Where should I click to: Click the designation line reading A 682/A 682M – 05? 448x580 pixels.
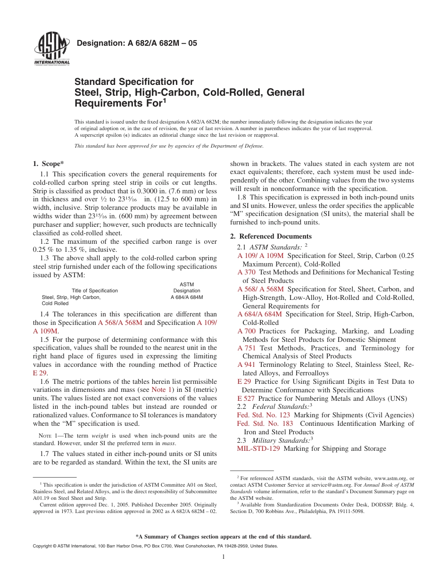pos(136,43)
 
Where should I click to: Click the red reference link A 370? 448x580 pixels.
pos(246,272)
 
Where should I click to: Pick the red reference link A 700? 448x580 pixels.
pos(246,331)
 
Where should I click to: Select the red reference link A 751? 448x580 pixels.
pos(246,348)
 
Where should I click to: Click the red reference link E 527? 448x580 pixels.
pos(246,398)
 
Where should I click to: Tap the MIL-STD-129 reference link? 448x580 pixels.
pos(258,449)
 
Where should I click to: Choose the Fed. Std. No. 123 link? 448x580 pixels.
pos(263,415)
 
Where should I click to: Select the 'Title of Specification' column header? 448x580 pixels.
pos(95,290)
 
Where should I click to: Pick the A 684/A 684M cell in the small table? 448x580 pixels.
pos(187,298)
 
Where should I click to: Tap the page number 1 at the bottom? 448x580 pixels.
pos(224,557)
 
